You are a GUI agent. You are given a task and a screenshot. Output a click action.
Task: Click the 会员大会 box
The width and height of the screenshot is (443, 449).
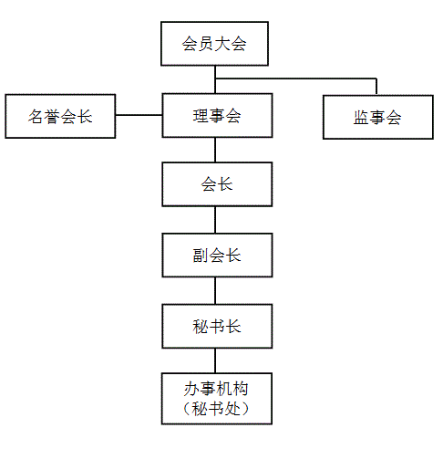point(214,44)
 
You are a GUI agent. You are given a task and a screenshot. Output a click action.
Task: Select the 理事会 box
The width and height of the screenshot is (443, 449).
point(217,115)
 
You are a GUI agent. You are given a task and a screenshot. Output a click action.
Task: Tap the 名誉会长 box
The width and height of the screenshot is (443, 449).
point(60,116)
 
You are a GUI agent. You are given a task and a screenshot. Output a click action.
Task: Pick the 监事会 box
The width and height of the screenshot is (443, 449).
point(378,118)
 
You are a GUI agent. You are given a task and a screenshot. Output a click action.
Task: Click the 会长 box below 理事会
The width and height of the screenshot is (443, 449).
point(217,184)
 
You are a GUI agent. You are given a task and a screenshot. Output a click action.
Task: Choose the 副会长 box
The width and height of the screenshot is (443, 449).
point(217,256)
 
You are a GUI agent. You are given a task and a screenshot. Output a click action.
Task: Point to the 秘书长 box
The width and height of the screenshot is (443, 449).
point(217,326)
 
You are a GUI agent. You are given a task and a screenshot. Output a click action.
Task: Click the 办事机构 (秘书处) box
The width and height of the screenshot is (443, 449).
point(217,399)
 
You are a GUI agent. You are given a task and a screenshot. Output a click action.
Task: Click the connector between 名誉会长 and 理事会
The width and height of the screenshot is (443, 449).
point(139,115)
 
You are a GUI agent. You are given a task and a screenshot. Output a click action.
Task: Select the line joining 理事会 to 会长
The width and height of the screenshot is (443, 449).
point(215,150)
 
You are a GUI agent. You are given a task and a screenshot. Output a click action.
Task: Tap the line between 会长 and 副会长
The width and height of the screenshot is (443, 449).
point(215,220)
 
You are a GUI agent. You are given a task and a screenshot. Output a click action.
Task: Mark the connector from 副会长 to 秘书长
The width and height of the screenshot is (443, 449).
point(215,291)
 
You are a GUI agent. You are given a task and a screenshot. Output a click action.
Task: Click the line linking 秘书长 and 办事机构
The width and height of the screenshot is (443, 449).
point(215,360)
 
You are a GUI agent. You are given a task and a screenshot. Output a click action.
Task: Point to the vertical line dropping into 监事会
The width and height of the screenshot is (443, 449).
point(376,87)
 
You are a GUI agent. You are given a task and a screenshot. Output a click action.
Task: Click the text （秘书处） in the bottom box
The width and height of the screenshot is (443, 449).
point(216,409)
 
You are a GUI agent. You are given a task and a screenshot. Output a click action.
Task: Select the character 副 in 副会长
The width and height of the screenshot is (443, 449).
point(201,256)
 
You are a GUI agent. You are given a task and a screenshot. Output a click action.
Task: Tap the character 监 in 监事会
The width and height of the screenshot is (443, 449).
point(361,118)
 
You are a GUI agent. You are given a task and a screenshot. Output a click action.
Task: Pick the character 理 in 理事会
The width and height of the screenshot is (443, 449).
point(201,116)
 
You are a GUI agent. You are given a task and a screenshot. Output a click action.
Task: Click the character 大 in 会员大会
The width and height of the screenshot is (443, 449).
point(222,44)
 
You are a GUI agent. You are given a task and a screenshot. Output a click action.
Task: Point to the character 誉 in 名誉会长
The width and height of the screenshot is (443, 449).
point(52,117)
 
